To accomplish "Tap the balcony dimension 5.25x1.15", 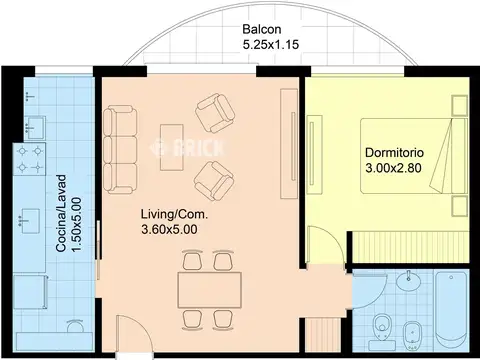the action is coord(271,45).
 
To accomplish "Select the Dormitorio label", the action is coord(394,153).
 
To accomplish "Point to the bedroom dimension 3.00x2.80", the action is coord(393,168).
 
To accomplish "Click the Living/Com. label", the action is coord(174,214).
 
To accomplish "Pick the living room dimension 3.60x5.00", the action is coord(169,230).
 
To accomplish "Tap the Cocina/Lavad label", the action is coord(62,214).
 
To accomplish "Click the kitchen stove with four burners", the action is coord(30,159).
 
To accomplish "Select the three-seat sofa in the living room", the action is coord(120,149).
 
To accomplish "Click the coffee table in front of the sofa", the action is coord(172,147).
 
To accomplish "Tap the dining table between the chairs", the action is coord(210,290).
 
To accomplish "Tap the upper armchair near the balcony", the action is coord(215,113).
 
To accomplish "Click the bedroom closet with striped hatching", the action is coord(411,247).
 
